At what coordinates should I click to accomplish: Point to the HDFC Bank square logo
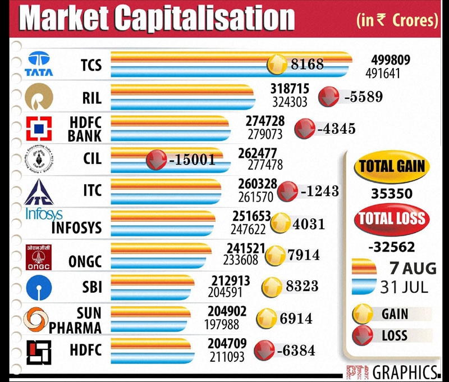[39, 128]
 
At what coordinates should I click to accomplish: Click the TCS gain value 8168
[307, 65]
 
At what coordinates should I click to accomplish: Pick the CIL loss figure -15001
[192, 160]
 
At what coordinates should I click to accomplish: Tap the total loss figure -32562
[392, 246]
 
